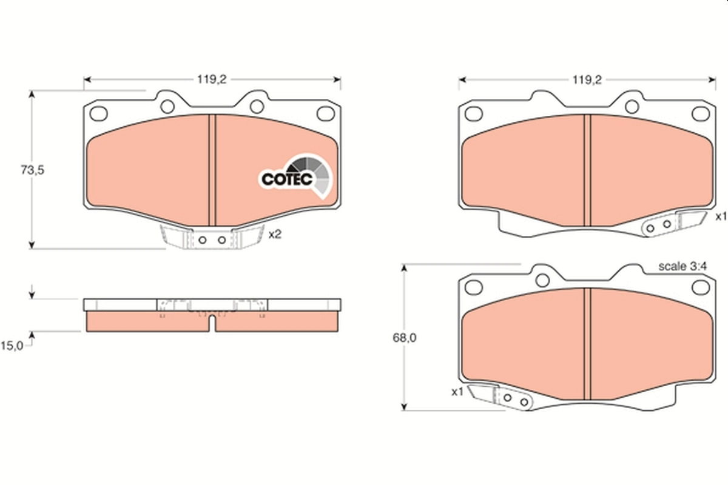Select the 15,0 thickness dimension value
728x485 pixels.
pyautogui.click(x=13, y=346)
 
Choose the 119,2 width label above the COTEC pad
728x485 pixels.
pyautogui.click(x=212, y=79)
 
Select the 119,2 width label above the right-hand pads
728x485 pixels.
pyautogui.click(x=586, y=79)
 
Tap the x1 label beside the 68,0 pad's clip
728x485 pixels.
pyautogui.click(x=457, y=392)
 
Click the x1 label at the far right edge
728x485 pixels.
pyautogui.click(x=720, y=216)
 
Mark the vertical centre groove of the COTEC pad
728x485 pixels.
pyautogui.click(x=212, y=170)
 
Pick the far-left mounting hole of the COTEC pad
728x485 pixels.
pyautogui.click(x=98, y=113)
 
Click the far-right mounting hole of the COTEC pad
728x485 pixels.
pyautogui.click(x=326, y=113)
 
